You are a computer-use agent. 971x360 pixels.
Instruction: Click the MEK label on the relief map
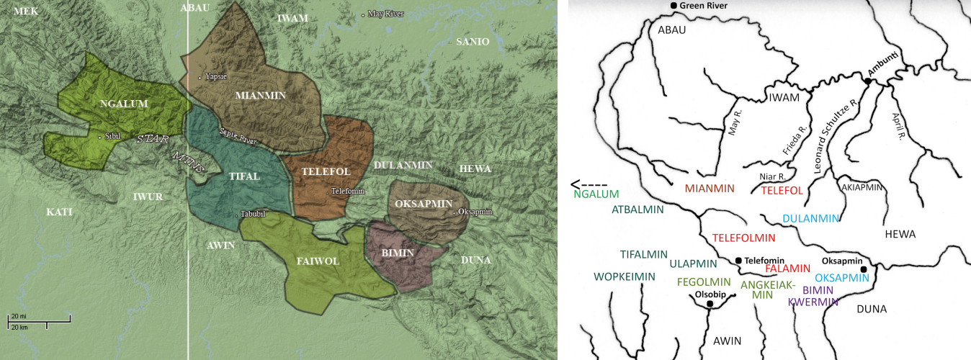tap(25, 11)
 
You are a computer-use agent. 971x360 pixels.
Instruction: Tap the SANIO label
tap(472, 42)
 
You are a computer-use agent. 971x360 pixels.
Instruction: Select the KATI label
tap(60, 212)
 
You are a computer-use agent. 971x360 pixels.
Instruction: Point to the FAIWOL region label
tap(318, 261)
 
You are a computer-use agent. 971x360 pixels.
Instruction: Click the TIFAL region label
tap(244, 176)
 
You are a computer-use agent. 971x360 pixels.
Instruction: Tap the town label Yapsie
tap(215, 76)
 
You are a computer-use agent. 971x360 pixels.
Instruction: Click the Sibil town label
tap(112, 135)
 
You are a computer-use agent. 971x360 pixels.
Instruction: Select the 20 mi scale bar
tap(40, 318)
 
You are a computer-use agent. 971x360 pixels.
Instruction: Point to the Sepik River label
tap(238, 136)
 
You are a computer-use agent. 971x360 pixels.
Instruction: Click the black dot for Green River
tap(673, 6)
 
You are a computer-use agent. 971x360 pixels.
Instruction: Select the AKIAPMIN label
tap(862, 186)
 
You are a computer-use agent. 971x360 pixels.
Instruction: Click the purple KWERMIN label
tap(813, 302)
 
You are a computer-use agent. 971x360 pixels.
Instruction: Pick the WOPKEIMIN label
tap(624, 276)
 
